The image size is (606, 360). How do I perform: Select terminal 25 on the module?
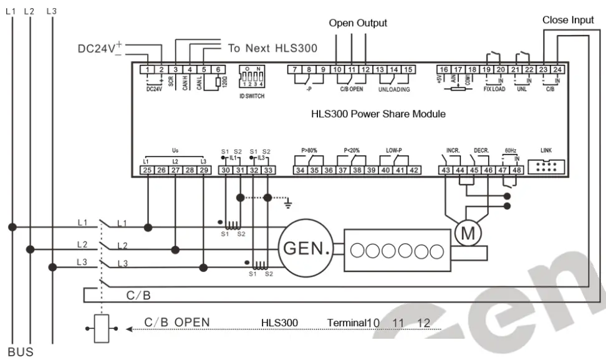point(147,170)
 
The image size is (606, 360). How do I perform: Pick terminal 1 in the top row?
point(148,69)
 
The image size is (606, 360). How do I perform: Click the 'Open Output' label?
point(358,23)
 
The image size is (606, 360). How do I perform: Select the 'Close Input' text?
point(568,20)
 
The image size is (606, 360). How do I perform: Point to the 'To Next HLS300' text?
point(272,48)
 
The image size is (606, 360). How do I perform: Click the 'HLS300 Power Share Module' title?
point(378,115)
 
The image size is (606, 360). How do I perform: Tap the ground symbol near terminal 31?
point(287,202)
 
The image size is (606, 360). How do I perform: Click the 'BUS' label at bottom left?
point(20,351)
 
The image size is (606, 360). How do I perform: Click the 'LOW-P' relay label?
point(394,151)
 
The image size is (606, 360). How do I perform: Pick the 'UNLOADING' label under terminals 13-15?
point(394,89)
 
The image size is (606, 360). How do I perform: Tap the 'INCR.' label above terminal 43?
point(453,151)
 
